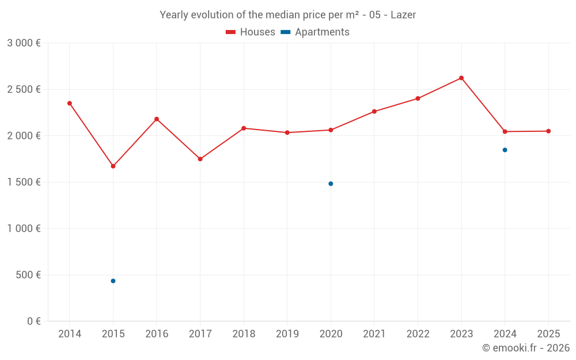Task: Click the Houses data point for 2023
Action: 461,78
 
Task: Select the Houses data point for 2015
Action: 113,166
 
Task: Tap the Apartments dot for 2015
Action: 113,281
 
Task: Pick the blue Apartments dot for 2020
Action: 331,184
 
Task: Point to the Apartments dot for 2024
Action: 505,150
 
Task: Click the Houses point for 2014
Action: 70,103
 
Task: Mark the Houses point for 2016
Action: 157,119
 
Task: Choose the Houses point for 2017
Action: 200,159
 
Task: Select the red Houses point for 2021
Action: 374,111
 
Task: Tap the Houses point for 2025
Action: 548,131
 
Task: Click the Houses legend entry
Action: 251,32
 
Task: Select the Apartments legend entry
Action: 316,32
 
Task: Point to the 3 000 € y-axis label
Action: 24,43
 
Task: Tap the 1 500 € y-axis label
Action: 24,182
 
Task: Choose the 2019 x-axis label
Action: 287,334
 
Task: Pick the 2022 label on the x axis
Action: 418,334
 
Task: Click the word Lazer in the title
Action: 403,15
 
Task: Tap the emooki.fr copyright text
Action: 526,348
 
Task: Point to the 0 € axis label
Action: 33,321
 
